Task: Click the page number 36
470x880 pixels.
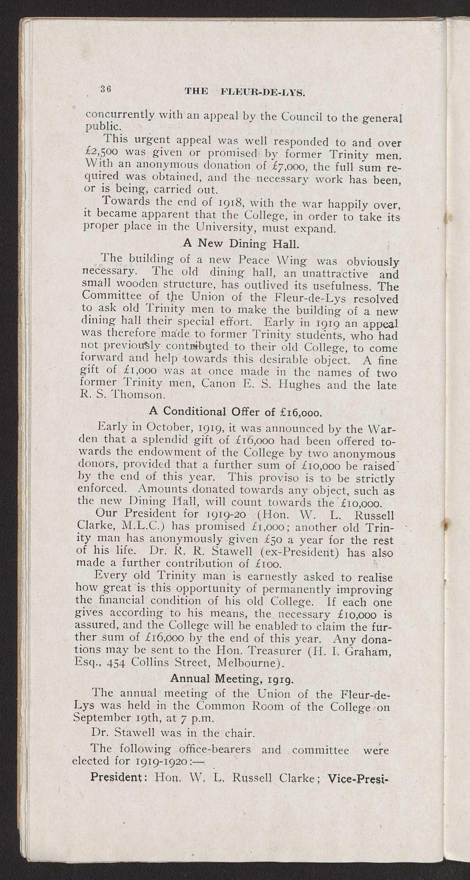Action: (x=107, y=89)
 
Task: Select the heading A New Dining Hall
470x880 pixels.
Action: (x=241, y=243)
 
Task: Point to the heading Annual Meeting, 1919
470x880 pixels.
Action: (x=232, y=679)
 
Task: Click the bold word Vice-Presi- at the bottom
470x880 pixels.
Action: (x=358, y=779)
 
